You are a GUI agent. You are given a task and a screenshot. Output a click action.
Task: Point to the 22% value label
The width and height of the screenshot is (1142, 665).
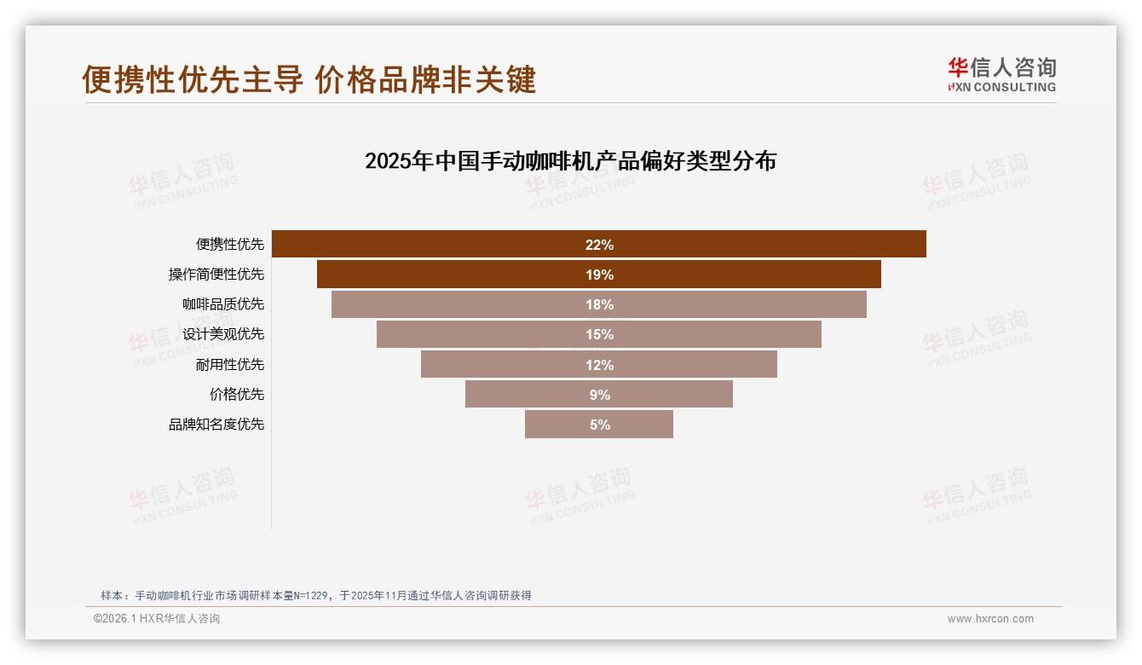click(599, 245)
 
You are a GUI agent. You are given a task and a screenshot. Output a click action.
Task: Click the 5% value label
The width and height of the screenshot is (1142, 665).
click(599, 425)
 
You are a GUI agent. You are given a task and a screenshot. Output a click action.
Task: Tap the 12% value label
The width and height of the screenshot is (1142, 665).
click(599, 365)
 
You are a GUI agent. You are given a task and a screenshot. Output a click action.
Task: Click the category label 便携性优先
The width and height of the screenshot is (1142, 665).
click(230, 244)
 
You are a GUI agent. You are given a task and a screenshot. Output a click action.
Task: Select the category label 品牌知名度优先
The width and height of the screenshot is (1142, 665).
click(216, 424)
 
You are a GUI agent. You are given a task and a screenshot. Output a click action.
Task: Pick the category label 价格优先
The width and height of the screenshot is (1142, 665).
click(237, 394)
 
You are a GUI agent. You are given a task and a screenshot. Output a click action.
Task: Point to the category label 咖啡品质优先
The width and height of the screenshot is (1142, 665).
click(223, 304)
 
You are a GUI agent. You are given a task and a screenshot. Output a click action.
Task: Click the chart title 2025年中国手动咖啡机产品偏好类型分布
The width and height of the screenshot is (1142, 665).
click(570, 161)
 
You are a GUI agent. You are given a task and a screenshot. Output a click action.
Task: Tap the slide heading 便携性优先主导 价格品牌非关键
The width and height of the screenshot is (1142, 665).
click(309, 79)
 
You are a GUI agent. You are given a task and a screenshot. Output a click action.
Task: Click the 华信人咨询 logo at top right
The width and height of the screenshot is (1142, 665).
click(1001, 75)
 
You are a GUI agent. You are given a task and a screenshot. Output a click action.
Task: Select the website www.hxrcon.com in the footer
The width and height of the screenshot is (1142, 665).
click(990, 619)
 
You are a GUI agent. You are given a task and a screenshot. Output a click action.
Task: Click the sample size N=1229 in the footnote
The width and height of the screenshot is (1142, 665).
click(313, 595)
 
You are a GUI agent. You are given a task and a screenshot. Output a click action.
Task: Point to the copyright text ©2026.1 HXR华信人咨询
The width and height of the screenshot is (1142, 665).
click(157, 619)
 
